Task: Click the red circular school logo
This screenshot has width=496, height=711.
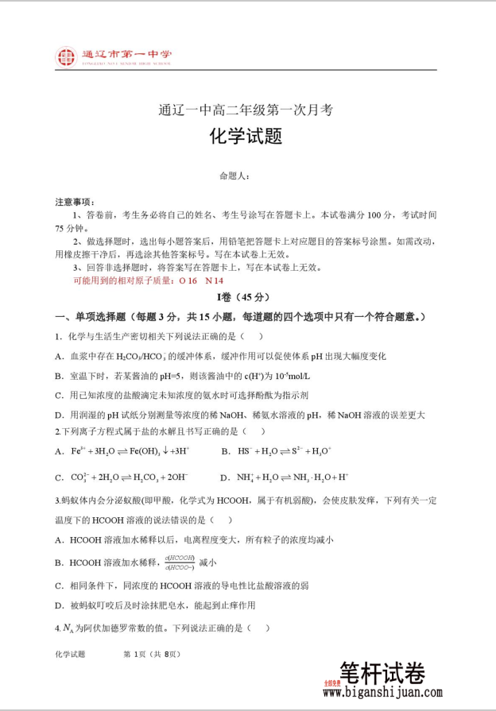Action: (66, 57)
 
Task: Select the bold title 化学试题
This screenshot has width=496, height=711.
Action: (246, 137)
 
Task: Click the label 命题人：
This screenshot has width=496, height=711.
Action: (235, 176)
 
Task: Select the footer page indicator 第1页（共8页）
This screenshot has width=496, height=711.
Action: (153, 654)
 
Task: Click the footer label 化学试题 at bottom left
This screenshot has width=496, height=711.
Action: (70, 654)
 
